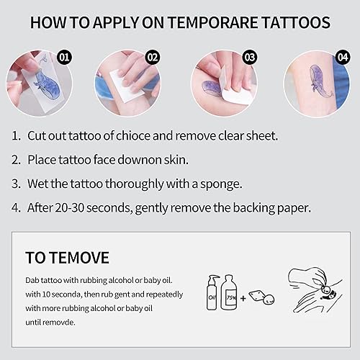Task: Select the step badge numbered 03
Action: point(250,55)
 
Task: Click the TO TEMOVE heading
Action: point(68,257)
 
